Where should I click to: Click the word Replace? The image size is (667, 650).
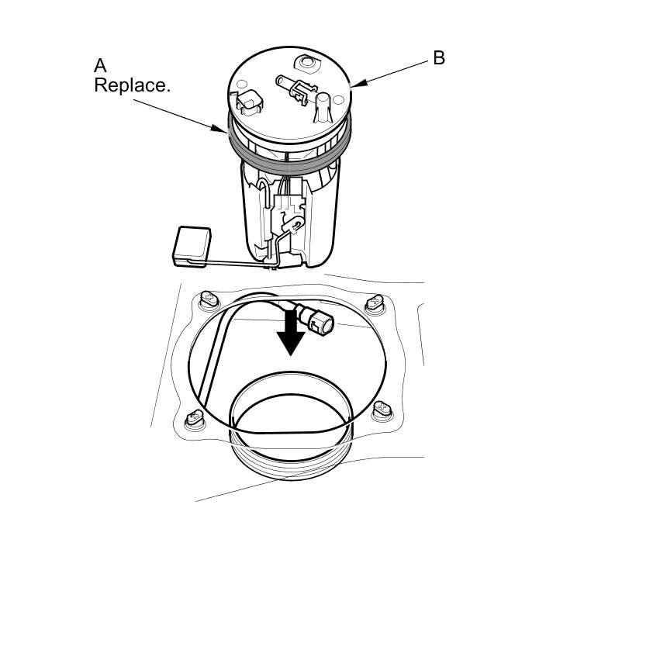click(131, 85)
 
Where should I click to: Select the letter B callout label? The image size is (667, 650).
click(439, 58)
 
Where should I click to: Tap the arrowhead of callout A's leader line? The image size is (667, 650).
click(226, 132)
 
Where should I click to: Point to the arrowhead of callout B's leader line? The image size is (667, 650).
click(354, 85)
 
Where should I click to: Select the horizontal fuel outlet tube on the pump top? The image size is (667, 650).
click(290, 84)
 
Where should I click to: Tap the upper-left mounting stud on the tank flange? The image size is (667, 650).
click(208, 297)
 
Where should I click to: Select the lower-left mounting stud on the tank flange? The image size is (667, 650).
click(195, 419)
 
